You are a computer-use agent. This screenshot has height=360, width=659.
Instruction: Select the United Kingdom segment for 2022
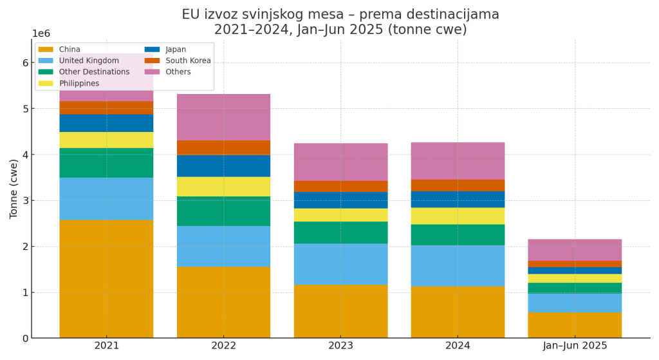(223, 246)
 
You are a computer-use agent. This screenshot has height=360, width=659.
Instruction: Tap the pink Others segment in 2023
(340, 162)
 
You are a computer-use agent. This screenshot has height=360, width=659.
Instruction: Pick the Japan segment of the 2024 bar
(458, 199)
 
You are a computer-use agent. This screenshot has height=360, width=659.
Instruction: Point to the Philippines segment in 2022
(223, 187)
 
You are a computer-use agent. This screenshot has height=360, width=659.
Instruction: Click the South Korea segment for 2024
(458, 185)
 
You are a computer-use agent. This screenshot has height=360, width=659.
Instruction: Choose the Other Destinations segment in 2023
(340, 232)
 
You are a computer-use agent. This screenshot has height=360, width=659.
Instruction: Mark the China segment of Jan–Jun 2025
(575, 325)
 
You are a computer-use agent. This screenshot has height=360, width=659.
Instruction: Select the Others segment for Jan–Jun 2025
(575, 250)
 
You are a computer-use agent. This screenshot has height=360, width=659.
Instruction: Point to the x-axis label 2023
(340, 346)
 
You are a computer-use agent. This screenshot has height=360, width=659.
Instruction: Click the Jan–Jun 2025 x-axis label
(575, 346)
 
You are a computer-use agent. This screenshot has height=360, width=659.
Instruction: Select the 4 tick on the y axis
(25, 155)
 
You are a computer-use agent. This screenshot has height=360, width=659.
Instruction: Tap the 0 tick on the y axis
(25, 338)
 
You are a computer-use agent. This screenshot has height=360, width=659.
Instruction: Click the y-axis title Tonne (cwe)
(14, 189)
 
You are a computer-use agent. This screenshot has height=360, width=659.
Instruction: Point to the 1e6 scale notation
(41, 33)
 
